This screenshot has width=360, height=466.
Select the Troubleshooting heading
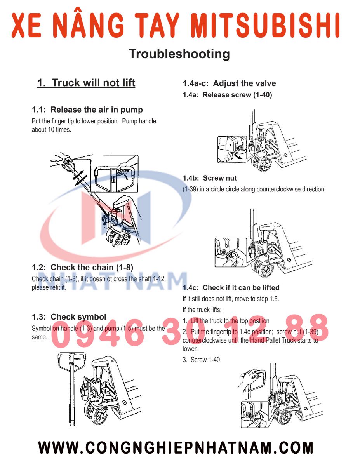[x=179, y=54]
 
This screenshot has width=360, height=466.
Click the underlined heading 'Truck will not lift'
[x=86, y=83]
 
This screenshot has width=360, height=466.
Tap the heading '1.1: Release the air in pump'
[x=87, y=110]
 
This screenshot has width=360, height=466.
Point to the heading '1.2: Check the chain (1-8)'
[x=82, y=267]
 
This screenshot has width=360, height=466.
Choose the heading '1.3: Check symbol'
[x=69, y=317]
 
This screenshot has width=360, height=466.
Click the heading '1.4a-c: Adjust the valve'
[x=229, y=83]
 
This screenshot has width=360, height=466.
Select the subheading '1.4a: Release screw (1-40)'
[x=227, y=95]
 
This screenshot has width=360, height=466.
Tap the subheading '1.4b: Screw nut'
[x=210, y=178]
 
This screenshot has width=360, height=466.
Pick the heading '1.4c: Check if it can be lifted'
[x=231, y=288]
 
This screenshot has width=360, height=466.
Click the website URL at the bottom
[x=176, y=448]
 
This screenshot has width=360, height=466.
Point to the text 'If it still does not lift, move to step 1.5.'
[x=231, y=299]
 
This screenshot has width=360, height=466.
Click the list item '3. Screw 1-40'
[x=201, y=360]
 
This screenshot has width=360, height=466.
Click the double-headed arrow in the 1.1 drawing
[x=80, y=177]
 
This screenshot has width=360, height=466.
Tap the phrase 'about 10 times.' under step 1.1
[x=51, y=130]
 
